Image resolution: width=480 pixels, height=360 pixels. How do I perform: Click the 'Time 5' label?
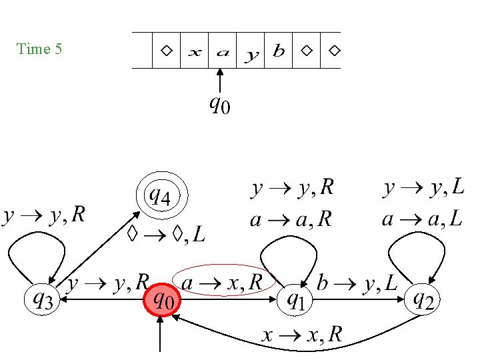[x=39, y=49]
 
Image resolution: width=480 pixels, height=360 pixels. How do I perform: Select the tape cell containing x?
[x=194, y=51]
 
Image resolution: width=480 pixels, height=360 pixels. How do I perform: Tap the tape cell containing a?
[x=223, y=51]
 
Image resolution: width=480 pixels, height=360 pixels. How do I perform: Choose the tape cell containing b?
[x=279, y=51]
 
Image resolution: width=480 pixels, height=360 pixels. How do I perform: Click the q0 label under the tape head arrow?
[x=219, y=105]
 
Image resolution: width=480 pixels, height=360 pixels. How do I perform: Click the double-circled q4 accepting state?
[x=163, y=197]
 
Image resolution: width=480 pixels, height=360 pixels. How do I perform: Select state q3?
[x=43, y=301]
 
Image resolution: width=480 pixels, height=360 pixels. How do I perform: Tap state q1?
[x=295, y=301]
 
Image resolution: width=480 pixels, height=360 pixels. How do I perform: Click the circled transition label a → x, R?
[x=223, y=283]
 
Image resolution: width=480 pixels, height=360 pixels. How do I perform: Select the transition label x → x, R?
[x=301, y=334]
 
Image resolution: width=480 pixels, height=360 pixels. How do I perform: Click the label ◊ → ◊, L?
[x=166, y=233]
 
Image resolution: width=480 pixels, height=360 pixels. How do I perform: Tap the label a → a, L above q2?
[x=423, y=219]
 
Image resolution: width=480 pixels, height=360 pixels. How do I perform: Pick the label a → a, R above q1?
[x=291, y=219]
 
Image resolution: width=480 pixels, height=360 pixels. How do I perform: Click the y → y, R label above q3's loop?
[x=44, y=215]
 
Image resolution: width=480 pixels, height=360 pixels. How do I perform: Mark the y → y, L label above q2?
[x=424, y=189]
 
